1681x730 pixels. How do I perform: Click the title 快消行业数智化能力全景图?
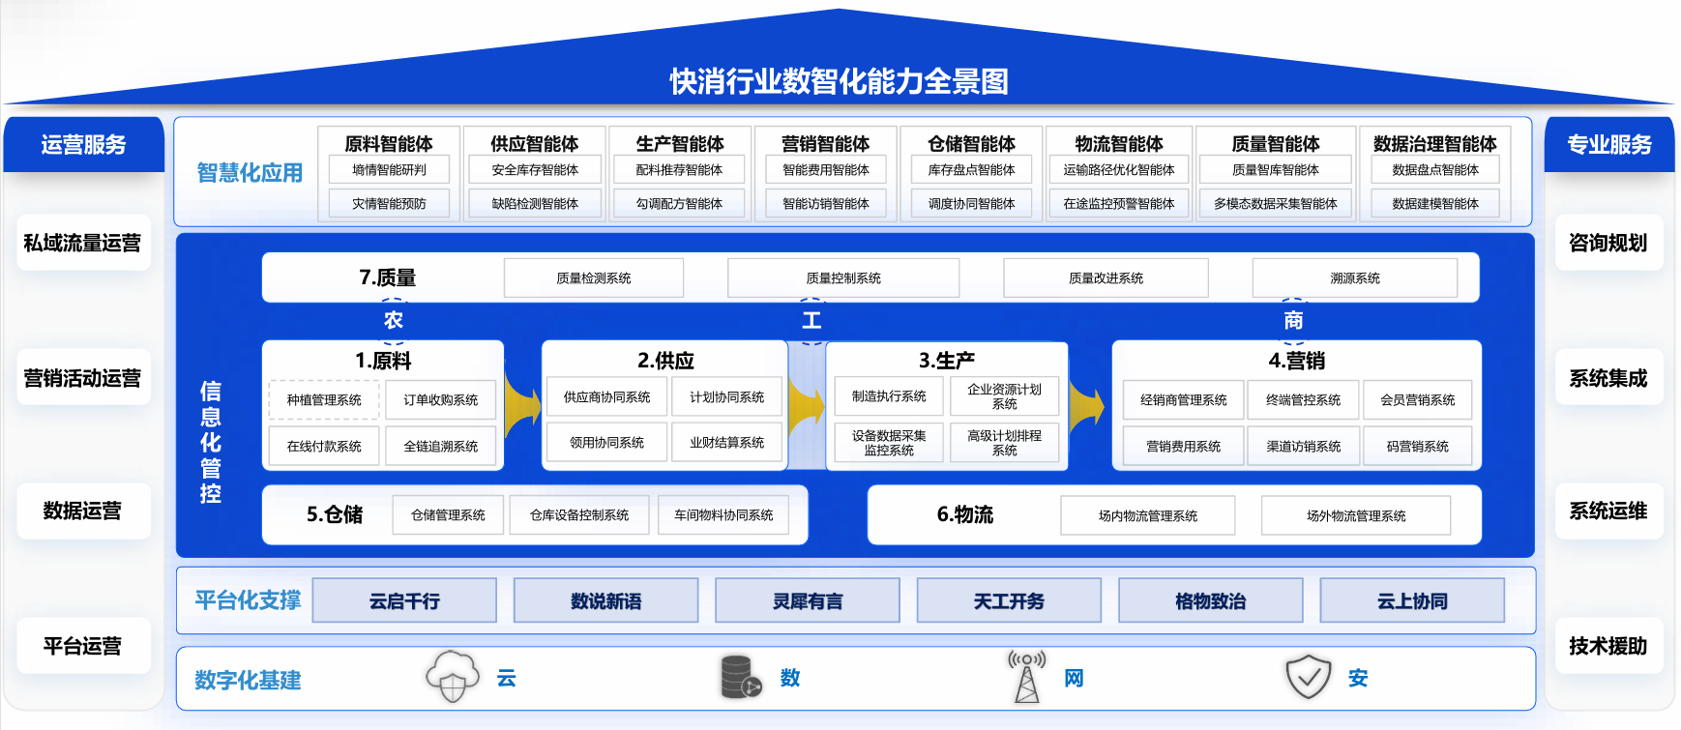pos(840,81)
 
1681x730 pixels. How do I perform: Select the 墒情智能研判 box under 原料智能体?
pos(389,170)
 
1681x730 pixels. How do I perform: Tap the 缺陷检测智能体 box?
pos(535,204)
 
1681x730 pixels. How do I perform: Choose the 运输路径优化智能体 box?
pos(1119,170)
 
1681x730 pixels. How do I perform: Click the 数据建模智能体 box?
pos(1435,204)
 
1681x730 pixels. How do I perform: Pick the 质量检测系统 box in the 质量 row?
pos(594,278)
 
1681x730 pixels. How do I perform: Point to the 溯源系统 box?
pos(1355,278)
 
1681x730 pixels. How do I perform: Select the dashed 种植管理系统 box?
pos(324,400)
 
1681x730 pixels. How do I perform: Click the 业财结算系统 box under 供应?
pos(727,443)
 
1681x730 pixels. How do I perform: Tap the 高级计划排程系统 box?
pos(1005,443)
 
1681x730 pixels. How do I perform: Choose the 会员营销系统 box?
pos(1418,400)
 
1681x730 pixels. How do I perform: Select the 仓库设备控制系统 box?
pos(579,515)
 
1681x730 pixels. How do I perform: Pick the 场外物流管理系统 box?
pos(1356,516)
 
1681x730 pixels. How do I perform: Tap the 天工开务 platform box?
pos(1009,600)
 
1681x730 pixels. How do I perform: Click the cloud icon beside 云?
pos(453,676)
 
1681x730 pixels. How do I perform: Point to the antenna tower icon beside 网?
pos(1026,676)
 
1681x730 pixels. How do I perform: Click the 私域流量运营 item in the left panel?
pos(83,243)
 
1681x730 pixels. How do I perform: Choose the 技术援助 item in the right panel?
pos(1608,646)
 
